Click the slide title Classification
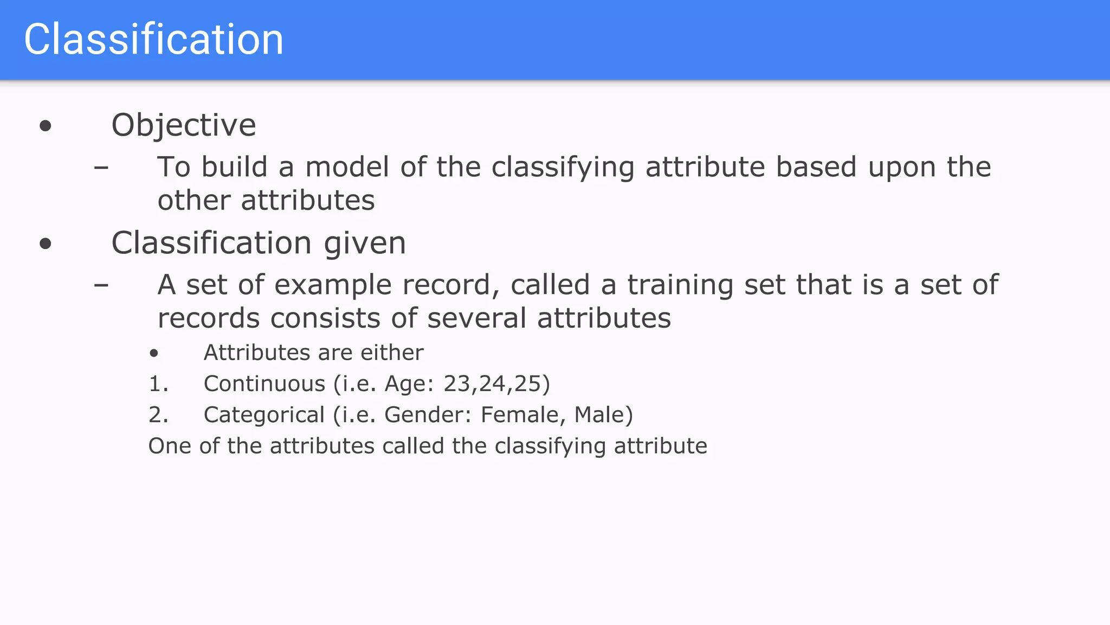[x=153, y=40]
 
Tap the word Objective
[x=183, y=125]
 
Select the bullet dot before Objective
[x=46, y=126]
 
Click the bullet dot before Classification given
[x=46, y=244]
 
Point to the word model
[x=347, y=167]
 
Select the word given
[x=365, y=244]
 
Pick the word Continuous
[x=264, y=384]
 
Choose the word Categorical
[x=264, y=415]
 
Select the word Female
[x=519, y=415]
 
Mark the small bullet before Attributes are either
[x=154, y=354]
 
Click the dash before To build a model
[x=101, y=167]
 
